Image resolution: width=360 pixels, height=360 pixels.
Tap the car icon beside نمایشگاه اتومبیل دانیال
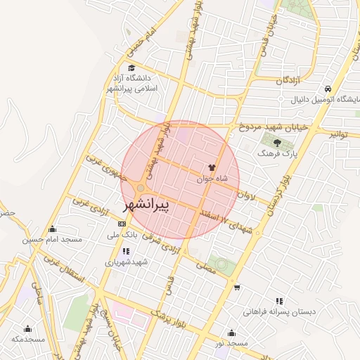[x=328, y=89]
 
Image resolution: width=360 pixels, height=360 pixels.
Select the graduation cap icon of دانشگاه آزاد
[x=131, y=68]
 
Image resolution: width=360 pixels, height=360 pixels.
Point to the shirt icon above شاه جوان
[x=212, y=167]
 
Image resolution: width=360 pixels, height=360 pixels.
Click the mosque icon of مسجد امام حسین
[x=52, y=229]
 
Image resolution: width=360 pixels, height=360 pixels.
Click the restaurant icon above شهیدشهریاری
[x=126, y=251]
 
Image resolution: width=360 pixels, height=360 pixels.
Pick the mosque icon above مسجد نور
[x=231, y=333]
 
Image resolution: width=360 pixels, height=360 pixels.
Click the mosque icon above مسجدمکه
[x=28, y=328]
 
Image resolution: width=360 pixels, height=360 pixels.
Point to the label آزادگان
[x=289, y=81]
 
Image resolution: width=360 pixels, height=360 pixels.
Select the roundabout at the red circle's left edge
[x=141, y=188]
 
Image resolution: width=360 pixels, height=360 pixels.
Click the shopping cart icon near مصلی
[x=237, y=287]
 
